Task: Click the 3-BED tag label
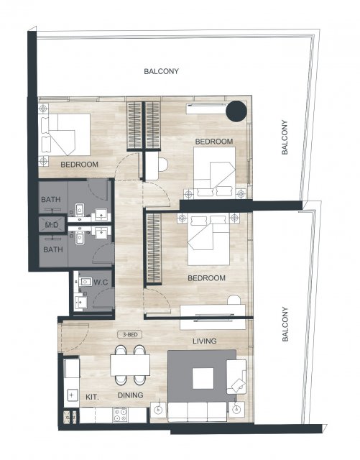click(129, 334)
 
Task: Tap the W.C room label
click(101, 282)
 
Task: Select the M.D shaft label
click(52, 225)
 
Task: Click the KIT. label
click(92, 397)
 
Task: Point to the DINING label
click(130, 395)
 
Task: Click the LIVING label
click(205, 341)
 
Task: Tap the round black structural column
click(236, 111)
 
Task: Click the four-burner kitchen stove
click(120, 415)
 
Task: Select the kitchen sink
click(72, 395)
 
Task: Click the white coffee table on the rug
click(203, 378)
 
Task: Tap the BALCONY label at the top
click(161, 71)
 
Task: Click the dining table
click(130, 365)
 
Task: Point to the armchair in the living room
click(236, 377)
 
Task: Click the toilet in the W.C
click(84, 282)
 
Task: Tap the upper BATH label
click(51, 200)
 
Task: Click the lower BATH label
click(53, 249)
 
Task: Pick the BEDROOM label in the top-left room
click(79, 165)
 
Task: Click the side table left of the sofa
click(158, 410)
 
